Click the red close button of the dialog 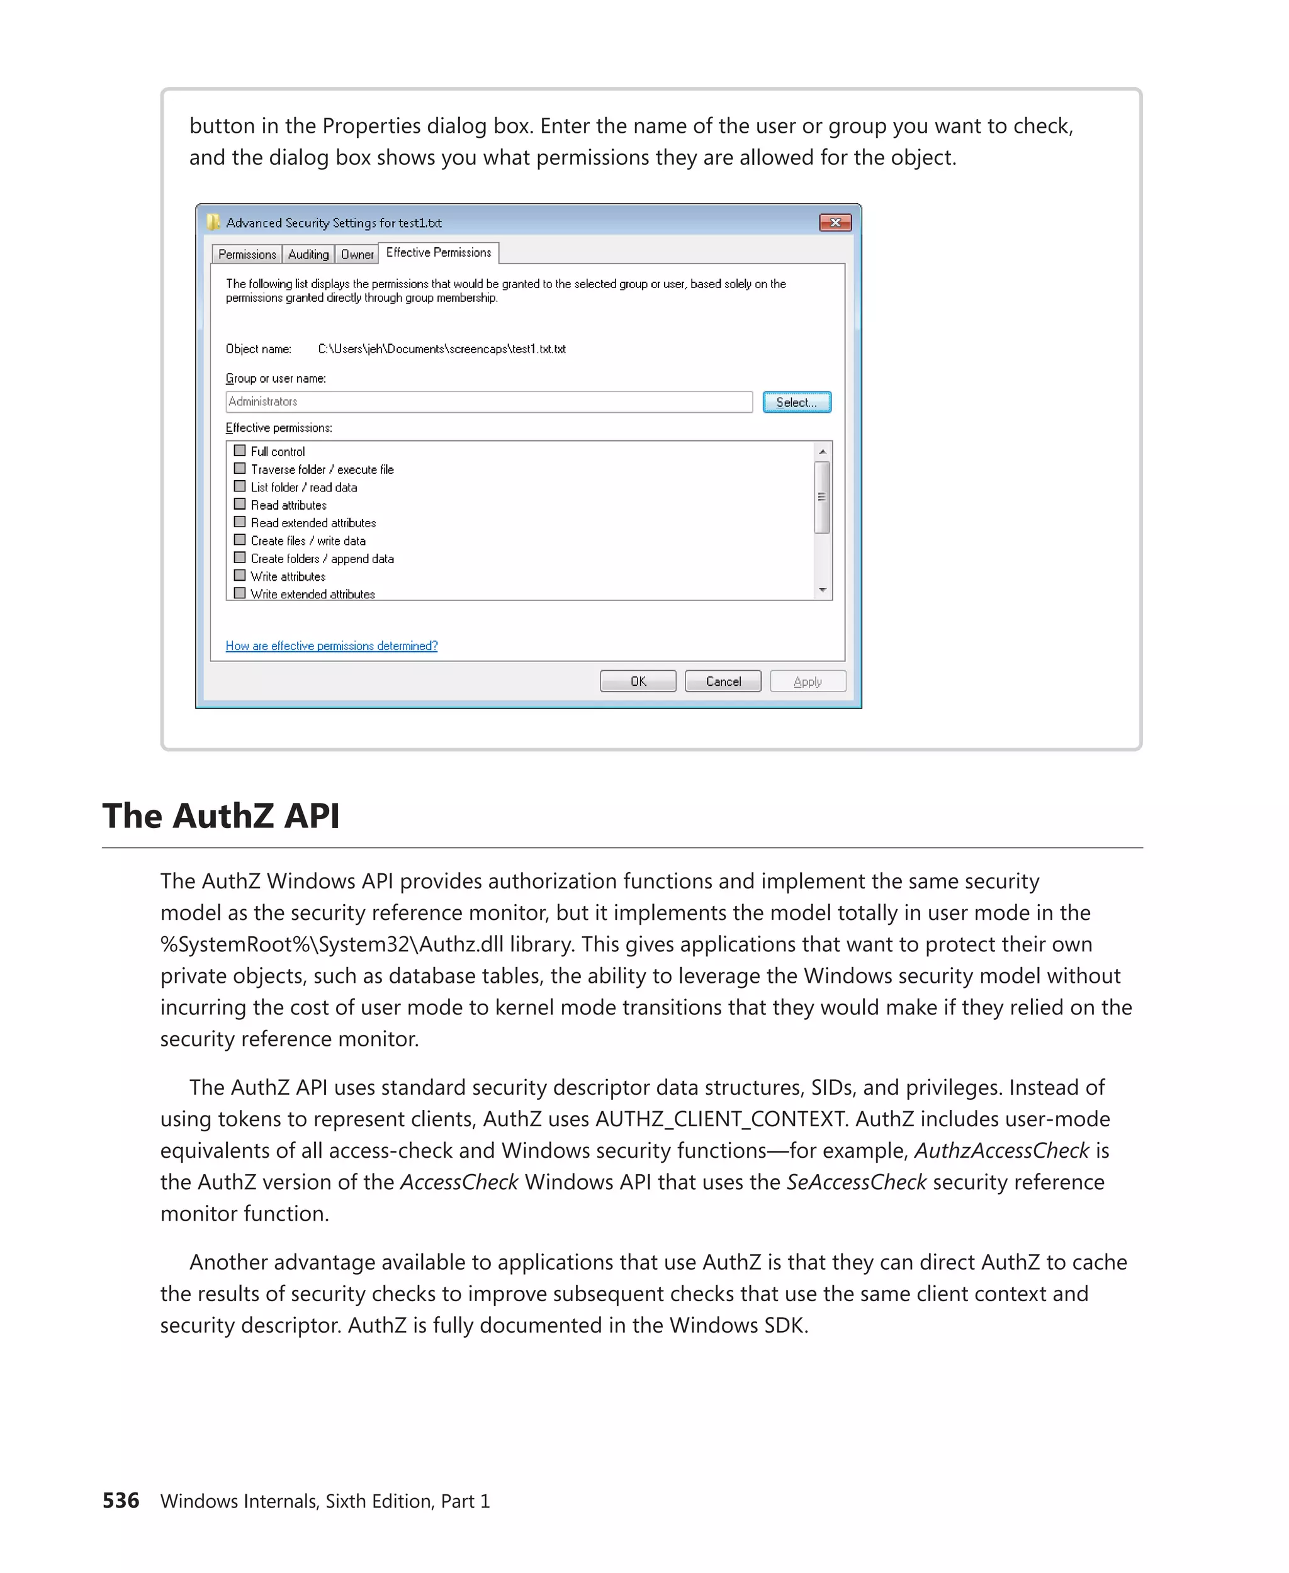[835, 223]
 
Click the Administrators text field [488, 401]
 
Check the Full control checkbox [240, 451]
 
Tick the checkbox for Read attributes [240, 504]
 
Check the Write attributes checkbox [240, 575]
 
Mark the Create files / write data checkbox [240, 540]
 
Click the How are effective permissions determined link [331, 646]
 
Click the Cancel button [723, 681]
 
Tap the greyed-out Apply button [807, 681]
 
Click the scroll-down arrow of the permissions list [822, 590]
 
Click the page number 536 [120, 1500]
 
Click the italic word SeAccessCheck [855, 1182]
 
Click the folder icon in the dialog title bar [213, 222]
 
